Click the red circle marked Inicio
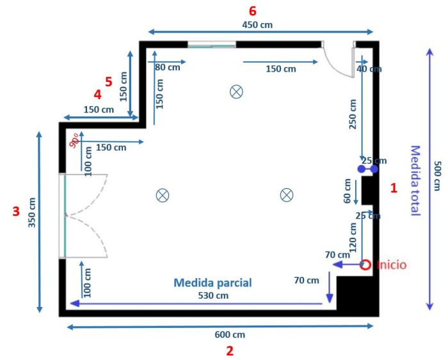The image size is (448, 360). (365, 265)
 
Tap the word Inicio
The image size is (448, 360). (391, 265)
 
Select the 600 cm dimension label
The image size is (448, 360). (230, 334)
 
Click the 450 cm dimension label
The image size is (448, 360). (257, 25)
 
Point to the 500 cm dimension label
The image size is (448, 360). (437, 176)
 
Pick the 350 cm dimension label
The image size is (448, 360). (32, 212)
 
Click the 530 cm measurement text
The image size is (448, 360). (213, 295)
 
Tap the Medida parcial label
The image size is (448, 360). (212, 283)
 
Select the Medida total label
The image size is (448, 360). (415, 180)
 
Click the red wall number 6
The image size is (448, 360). (253, 11)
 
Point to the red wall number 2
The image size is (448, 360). (230, 351)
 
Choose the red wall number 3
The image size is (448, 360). (16, 211)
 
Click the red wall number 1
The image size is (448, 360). (394, 188)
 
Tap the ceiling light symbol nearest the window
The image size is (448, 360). (236, 92)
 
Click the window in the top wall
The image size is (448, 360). (212, 45)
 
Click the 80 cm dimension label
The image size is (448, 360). (168, 67)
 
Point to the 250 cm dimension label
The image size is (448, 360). (353, 114)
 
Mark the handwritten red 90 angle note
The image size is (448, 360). (75, 141)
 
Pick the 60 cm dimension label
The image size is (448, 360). (347, 191)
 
